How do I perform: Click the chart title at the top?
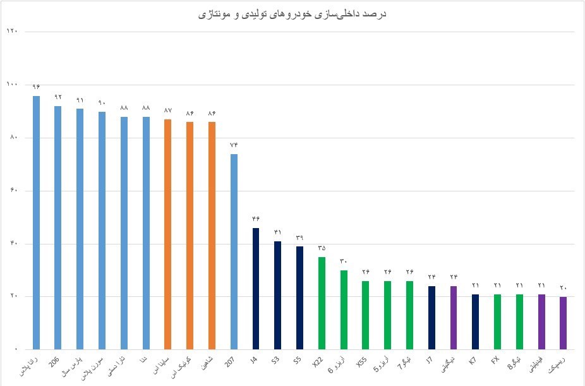tap(292, 13)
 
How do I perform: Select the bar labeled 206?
tap(57, 227)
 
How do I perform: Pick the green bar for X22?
tap(322, 303)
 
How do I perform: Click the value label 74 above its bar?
tap(234, 145)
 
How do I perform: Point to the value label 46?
tap(255, 219)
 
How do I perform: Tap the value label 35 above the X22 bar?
tap(322, 248)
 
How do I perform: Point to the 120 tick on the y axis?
tap(11, 32)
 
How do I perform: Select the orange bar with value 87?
tap(167, 234)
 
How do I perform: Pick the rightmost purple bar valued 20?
tap(563, 323)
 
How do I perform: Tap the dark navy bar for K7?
tap(475, 322)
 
